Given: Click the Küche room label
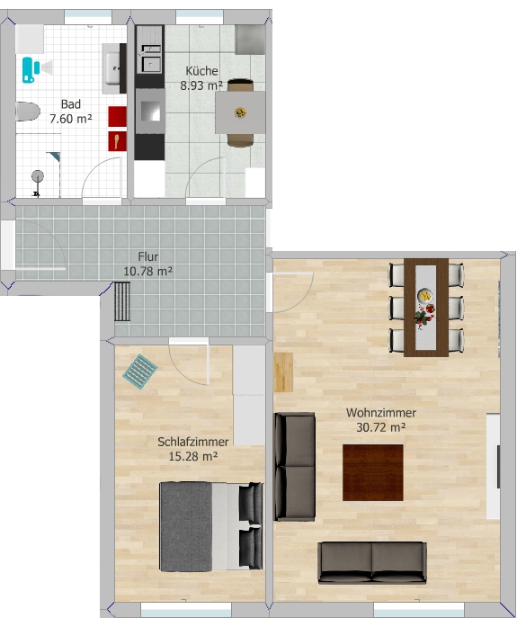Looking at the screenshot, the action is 201,71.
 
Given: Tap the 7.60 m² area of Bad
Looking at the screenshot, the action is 71,119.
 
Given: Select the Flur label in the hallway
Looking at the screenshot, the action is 148,256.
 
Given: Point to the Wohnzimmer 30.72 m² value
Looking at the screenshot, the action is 381,427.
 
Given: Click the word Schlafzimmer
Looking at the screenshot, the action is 193,442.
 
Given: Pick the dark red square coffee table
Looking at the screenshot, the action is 373,472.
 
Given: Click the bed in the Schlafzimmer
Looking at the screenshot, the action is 211,526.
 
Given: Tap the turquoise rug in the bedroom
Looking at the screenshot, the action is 140,372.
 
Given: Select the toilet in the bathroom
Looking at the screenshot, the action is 28,112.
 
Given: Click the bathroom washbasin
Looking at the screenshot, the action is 113,68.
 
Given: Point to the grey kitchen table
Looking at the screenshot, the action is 240,113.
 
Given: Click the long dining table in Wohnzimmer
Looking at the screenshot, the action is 426,308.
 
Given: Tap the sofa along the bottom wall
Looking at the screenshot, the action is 372,562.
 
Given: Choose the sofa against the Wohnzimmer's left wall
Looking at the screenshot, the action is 295,467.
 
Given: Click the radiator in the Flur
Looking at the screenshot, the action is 122,301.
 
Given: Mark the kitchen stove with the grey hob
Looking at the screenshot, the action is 150,112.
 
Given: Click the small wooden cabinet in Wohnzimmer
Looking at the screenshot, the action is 283,372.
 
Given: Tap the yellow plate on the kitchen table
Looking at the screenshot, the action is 240,113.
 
